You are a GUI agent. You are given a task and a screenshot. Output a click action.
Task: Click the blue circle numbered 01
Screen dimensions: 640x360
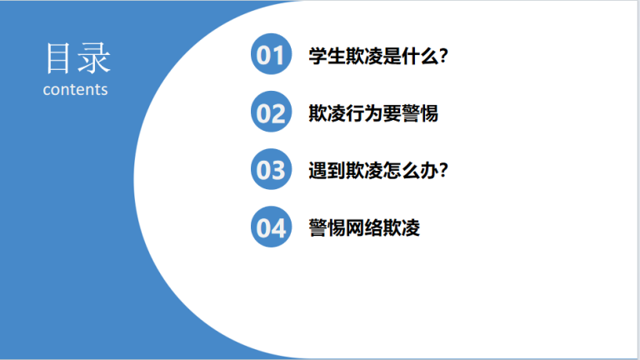tap(271, 54)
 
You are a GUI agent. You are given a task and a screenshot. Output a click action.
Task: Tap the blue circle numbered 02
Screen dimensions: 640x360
tap(271, 112)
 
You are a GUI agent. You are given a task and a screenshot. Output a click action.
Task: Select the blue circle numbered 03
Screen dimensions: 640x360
tap(271, 169)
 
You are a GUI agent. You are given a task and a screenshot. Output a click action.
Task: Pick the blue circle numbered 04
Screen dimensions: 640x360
tap(271, 227)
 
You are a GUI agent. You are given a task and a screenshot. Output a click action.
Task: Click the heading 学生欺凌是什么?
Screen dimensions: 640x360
tap(378, 56)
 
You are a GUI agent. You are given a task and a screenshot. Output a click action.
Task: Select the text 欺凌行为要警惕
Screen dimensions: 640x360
tap(373, 113)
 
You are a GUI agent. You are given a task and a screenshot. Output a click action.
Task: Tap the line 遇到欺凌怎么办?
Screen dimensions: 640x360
tap(378, 170)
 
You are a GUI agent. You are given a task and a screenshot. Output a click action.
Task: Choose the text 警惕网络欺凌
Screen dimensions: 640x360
tap(364, 227)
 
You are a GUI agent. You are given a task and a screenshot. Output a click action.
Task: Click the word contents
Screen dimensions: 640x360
tap(76, 90)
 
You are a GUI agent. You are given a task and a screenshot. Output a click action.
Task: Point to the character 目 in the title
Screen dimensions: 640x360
tap(57, 58)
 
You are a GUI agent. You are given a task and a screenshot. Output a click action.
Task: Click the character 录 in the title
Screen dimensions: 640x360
tap(94, 58)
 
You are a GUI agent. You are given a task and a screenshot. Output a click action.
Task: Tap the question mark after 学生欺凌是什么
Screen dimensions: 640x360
tap(444, 56)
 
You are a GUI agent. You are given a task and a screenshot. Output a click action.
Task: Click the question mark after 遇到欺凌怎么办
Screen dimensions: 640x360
tap(444, 170)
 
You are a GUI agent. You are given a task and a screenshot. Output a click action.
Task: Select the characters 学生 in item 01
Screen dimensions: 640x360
tap(327, 56)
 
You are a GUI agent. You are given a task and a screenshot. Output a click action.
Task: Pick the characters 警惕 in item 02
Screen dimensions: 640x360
tap(420, 113)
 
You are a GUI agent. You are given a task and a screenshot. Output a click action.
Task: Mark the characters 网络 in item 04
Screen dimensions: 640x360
tap(364, 227)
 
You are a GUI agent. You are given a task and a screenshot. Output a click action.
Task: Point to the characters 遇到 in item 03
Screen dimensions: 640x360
tap(327, 170)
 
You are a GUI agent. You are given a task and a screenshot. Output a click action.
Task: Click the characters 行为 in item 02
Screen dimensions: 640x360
tap(364, 113)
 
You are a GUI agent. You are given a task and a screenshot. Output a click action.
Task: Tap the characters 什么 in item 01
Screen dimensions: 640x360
tap(420, 56)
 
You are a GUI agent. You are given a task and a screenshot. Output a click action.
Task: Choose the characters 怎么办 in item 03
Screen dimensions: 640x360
tap(411, 170)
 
